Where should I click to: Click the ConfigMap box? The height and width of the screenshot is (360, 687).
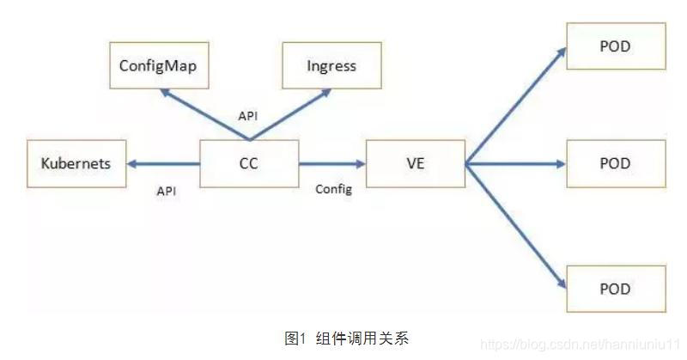(x=161, y=65)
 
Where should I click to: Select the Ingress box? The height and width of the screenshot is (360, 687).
(x=331, y=65)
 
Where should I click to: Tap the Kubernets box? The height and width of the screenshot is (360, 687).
(x=76, y=162)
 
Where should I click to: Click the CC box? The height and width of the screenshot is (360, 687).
(x=249, y=162)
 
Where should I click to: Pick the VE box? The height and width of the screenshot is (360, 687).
(x=416, y=162)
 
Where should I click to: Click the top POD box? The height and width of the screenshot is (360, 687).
(x=615, y=46)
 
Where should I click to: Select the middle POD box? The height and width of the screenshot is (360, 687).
(x=615, y=163)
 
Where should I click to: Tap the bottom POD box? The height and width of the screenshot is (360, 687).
(x=615, y=288)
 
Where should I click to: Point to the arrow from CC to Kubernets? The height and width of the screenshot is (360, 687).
(x=163, y=163)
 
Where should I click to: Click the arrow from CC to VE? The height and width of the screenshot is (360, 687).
(x=331, y=163)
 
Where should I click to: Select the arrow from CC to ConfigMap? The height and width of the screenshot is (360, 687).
(x=206, y=113)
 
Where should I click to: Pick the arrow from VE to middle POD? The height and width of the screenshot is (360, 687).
(x=515, y=163)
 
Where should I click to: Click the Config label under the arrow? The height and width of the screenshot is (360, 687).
(x=333, y=189)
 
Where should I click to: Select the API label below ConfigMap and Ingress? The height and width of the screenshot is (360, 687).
(x=247, y=114)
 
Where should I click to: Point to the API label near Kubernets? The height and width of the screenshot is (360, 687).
(x=166, y=192)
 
